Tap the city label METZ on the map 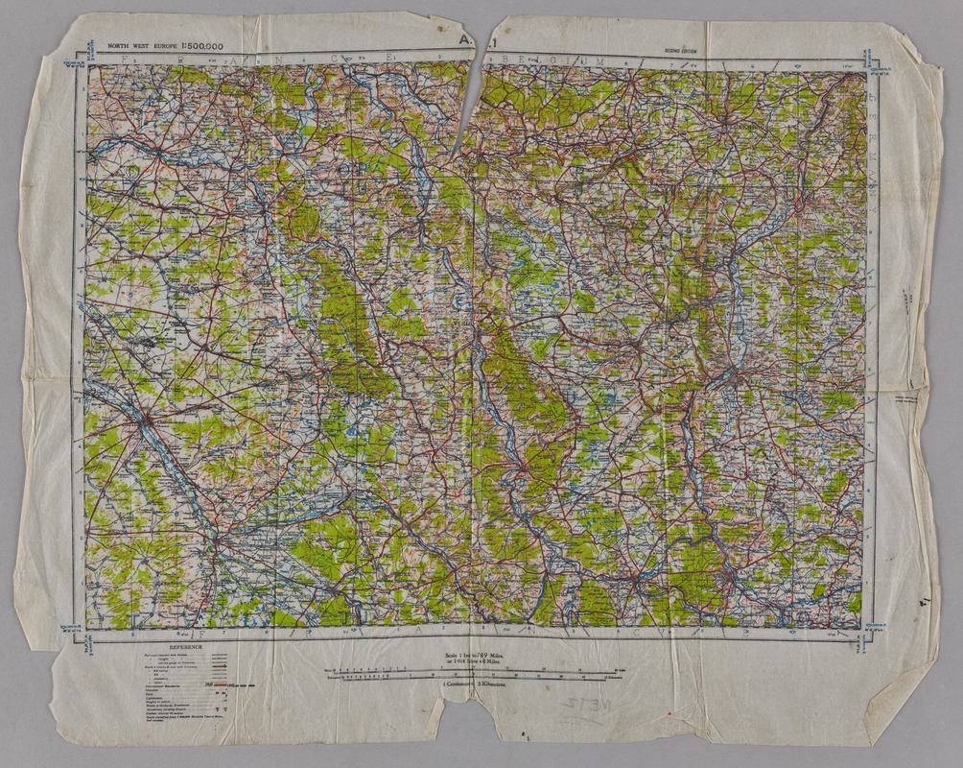(x=740, y=376)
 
